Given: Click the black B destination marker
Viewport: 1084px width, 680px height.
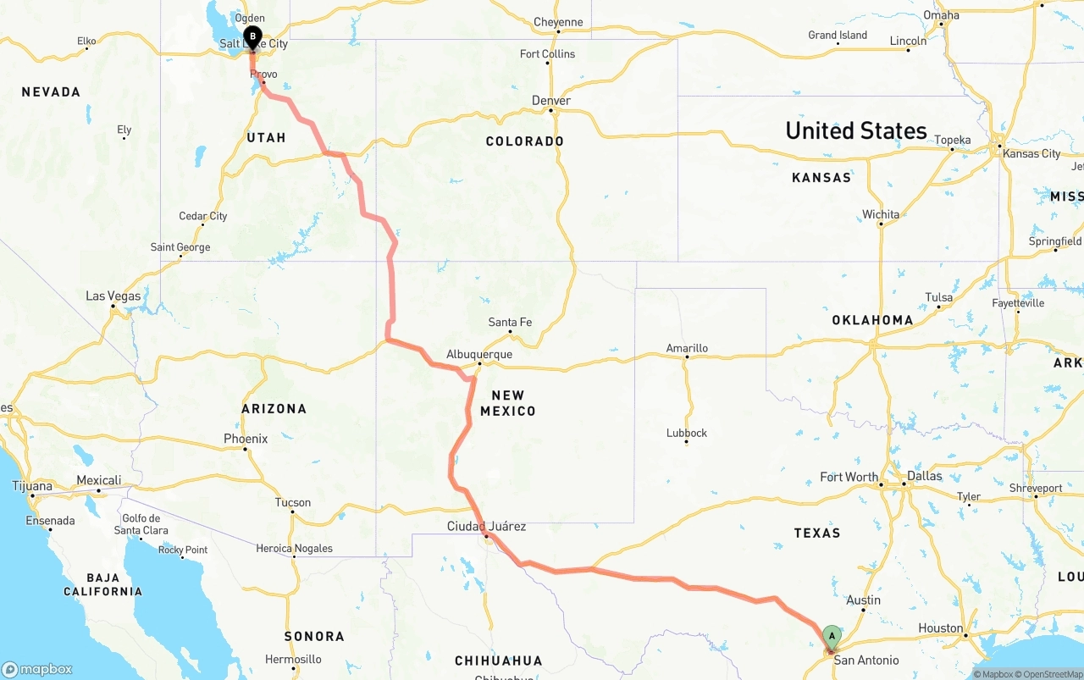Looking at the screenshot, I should click(252, 36).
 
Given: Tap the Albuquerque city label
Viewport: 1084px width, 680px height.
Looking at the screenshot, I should click(479, 355).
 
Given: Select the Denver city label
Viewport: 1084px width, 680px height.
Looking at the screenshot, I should click(550, 101).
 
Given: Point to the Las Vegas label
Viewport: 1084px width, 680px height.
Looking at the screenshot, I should click(113, 296).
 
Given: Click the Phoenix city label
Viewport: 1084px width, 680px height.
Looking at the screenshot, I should click(246, 439).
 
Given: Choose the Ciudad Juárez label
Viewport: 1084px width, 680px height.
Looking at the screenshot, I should click(486, 527).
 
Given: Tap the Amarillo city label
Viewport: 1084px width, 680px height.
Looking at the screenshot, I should click(687, 348).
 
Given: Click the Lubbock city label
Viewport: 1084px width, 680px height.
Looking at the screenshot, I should click(686, 433).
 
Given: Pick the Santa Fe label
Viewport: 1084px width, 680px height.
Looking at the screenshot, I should click(510, 323).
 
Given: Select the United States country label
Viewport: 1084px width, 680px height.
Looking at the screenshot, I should click(856, 130).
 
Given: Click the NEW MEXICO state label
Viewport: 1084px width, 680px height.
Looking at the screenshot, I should click(508, 403).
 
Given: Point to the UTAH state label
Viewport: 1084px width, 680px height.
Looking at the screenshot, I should click(266, 137).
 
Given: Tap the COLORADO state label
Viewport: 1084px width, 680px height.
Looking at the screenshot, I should click(524, 141).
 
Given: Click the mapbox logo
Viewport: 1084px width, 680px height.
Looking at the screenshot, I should click(37, 669).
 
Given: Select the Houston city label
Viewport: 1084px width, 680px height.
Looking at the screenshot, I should click(941, 628).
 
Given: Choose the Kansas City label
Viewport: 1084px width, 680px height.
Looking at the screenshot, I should click(1031, 153).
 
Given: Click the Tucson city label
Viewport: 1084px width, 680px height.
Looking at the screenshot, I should click(293, 502).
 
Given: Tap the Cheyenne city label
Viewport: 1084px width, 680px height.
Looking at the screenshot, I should click(558, 23).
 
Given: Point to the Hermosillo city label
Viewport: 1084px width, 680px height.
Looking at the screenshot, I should click(293, 659).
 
